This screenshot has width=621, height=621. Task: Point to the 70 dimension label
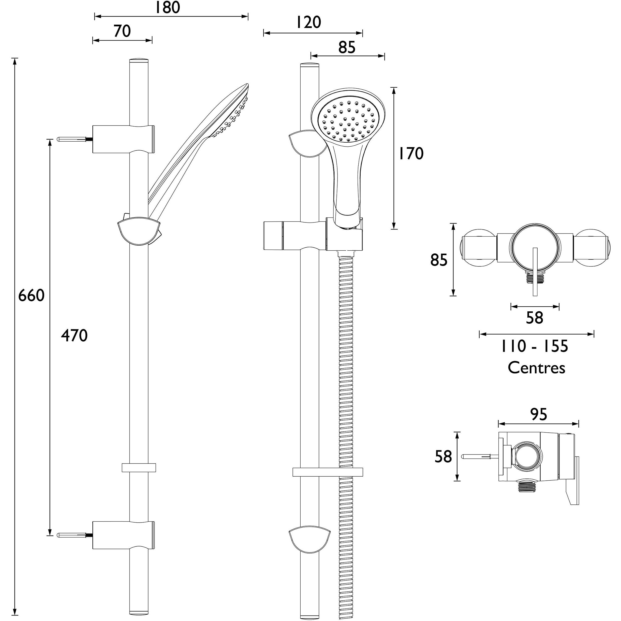[x=122, y=31]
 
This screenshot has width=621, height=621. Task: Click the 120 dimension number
[x=308, y=23]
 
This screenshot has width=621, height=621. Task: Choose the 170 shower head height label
[x=411, y=154]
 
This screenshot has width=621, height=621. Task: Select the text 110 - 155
[x=534, y=347]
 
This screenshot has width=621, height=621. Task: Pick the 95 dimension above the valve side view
[x=539, y=415]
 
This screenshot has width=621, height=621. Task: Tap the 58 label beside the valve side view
[x=443, y=457]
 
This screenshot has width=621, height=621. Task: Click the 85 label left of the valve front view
[x=439, y=260]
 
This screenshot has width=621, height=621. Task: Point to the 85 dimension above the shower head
[x=347, y=47]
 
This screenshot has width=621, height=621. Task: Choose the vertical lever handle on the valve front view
[x=535, y=272]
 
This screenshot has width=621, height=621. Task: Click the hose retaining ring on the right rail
[x=328, y=472]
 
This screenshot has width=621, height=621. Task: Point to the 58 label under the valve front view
[x=535, y=318]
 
